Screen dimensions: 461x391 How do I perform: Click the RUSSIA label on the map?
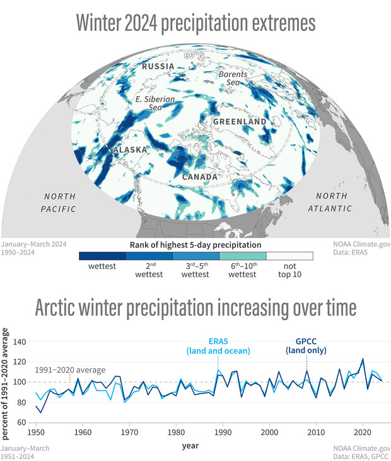pos(158,66)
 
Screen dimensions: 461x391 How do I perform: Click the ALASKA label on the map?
pos(131,150)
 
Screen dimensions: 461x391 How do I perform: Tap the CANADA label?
pos(200,177)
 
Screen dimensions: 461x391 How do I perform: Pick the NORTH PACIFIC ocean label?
pos(59,202)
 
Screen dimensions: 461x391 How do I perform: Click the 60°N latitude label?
pos(194,56)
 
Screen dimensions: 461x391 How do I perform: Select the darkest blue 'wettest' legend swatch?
pos(102,256)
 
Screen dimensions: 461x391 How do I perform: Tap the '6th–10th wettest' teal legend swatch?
pos(242,256)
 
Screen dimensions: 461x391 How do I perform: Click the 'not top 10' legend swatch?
pos(289,256)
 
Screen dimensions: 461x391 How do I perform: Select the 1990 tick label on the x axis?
pos(222,433)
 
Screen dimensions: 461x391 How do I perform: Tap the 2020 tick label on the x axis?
pos(363,433)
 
